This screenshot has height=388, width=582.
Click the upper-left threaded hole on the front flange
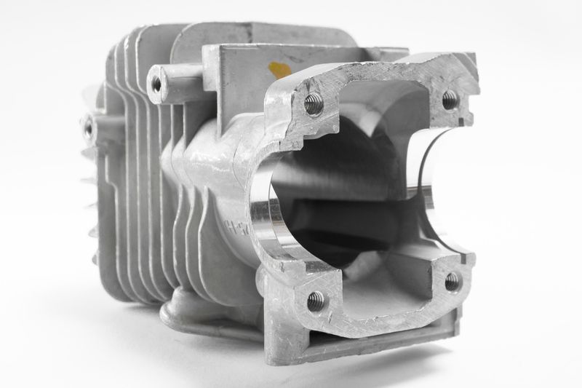314,104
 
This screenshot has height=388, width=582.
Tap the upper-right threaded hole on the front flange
450,100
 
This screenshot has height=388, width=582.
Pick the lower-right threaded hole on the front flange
452,281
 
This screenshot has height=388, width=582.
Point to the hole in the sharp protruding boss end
156,83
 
